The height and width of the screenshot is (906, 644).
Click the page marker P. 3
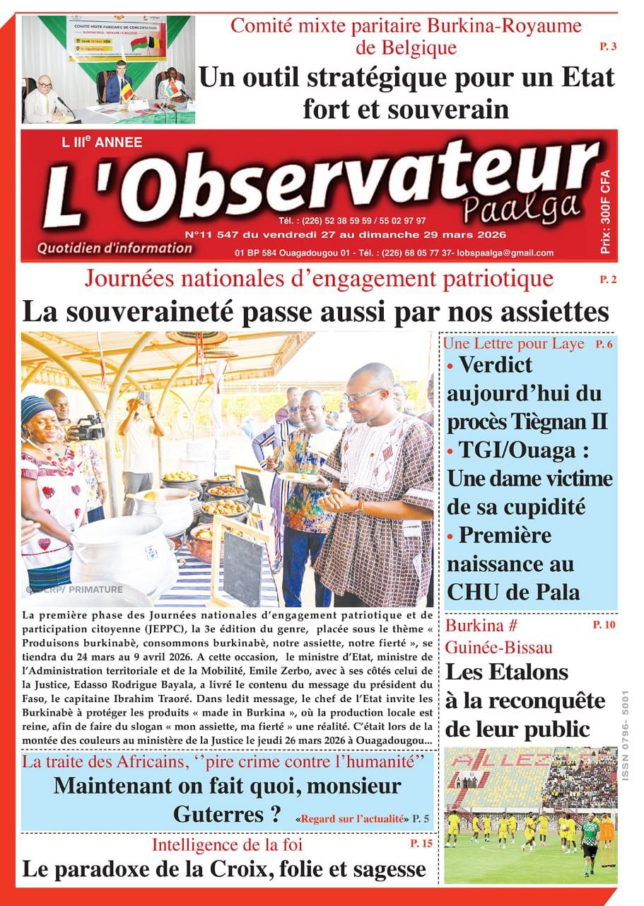pos(608,47)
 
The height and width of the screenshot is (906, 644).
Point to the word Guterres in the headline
pos(218,814)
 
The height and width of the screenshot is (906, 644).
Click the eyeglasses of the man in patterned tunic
pos(364,394)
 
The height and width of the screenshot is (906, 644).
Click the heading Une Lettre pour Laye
pos(513,344)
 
